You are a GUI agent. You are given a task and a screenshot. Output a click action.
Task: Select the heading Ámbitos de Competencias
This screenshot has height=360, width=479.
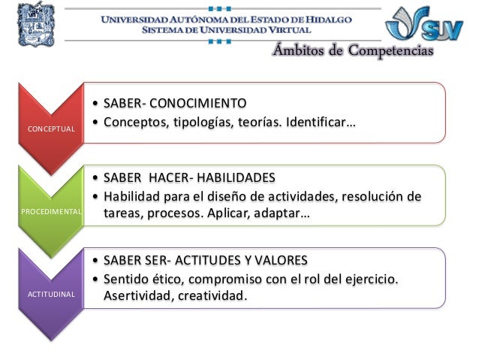(352, 51)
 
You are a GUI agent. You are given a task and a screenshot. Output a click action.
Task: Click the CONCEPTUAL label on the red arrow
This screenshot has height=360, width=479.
(51, 129)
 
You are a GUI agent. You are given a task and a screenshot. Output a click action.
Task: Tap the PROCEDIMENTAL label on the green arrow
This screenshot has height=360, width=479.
(52, 213)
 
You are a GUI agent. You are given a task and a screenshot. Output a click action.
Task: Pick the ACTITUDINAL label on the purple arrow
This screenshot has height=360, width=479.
(52, 294)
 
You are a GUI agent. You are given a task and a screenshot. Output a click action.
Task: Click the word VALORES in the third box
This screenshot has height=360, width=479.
(279, 261)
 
